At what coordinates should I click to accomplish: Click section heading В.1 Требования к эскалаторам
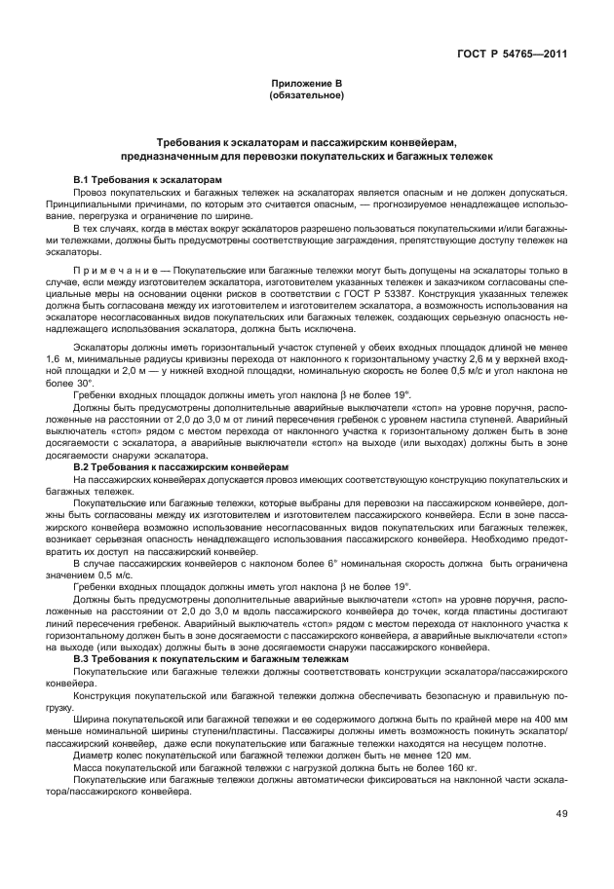[148, 180]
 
